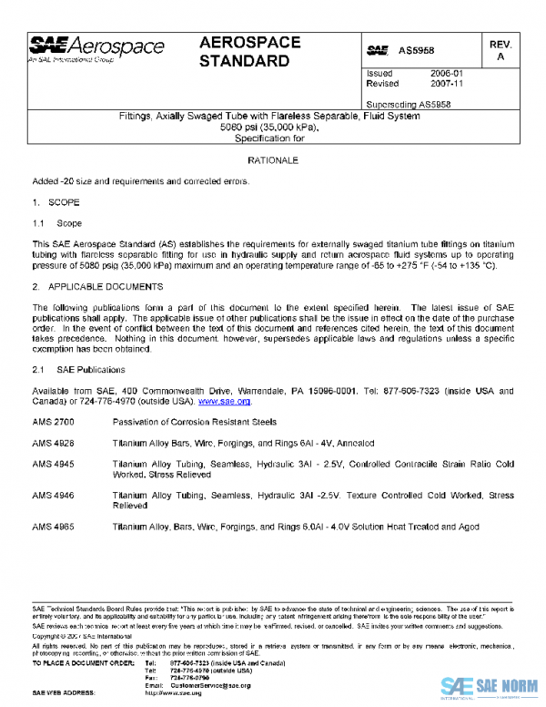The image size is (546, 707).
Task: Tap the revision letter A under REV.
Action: (500, 57)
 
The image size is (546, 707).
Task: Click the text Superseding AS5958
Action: (408, 104)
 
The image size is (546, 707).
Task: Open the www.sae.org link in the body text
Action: (225, 401)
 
